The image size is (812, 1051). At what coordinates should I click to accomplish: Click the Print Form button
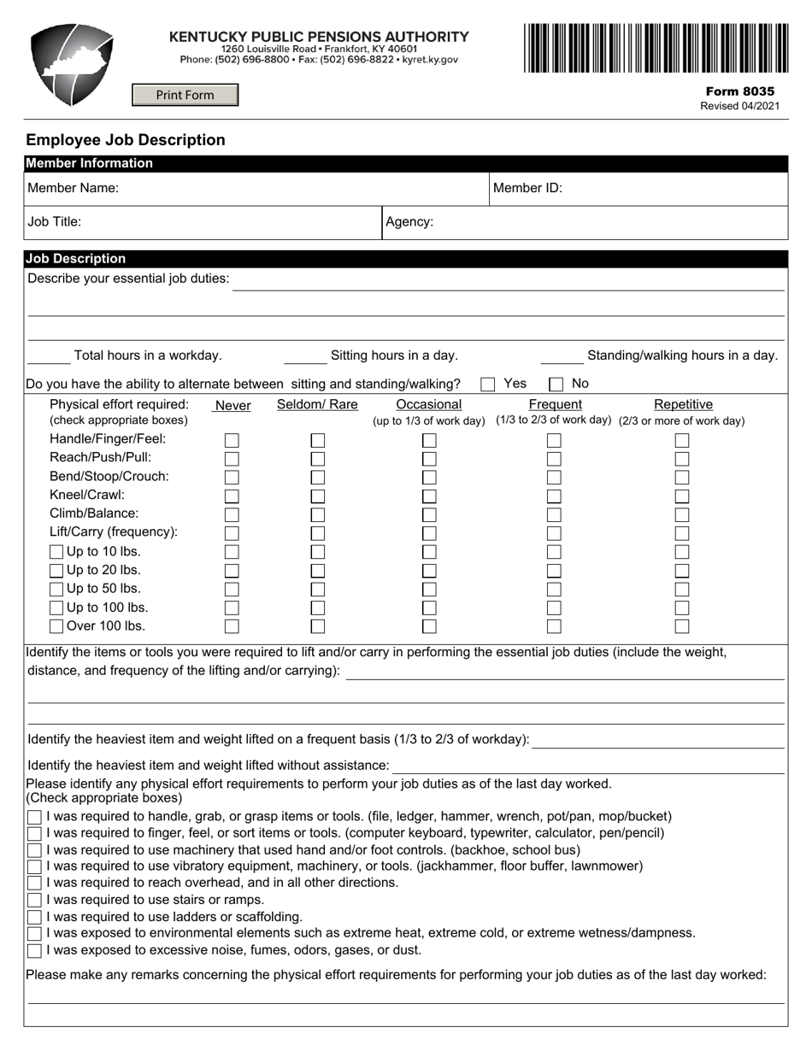pos(185,95)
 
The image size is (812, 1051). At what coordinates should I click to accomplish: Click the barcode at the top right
pos(656,48)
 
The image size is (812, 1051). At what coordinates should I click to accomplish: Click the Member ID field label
pos(527,188)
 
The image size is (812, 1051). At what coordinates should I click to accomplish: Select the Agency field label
pos(409,222)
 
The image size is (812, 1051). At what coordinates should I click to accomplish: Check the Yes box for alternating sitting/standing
pos(488,385)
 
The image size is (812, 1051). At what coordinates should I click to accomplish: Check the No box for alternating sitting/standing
pos(556,385)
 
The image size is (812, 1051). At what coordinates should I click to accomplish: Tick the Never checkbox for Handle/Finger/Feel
pos(232,441)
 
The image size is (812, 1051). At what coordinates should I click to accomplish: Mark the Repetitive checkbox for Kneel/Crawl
pos(681,496)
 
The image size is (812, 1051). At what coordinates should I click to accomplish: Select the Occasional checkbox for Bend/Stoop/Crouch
pos(429,478)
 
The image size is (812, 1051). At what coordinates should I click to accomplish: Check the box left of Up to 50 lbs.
pos(56,590)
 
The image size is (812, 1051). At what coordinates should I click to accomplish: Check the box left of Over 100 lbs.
pos(56,626)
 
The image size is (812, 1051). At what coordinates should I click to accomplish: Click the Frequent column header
pos(555,404)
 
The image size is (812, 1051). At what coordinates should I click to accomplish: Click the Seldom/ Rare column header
pos(317,404)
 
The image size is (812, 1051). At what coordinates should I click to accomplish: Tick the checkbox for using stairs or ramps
pos(34,901)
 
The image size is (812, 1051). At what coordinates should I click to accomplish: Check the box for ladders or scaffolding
pos(34,917)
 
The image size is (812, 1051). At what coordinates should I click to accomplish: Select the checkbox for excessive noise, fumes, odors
pos(34,950)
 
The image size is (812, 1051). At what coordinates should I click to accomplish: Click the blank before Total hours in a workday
pos(49,357)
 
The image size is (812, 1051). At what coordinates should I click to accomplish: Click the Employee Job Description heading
pos(126,140)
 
